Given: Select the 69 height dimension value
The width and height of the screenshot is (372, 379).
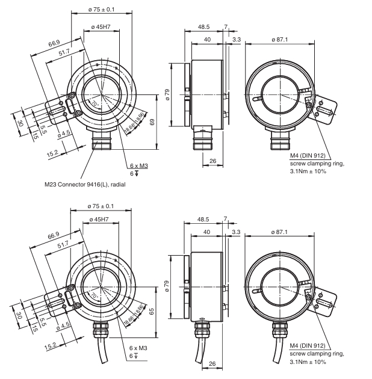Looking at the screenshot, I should point(152,122).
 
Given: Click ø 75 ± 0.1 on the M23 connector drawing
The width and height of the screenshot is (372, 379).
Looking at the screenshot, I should point(101,10).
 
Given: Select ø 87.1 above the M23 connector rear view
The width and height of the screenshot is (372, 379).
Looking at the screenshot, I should point(281,39).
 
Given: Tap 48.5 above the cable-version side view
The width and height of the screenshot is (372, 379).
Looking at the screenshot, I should point(203,219).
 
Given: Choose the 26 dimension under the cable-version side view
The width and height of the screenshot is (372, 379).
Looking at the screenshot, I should point(212,364).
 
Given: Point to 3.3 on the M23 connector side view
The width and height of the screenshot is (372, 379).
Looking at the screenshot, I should point(236,39).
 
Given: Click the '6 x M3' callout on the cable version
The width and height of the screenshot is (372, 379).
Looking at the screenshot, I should point(138,348).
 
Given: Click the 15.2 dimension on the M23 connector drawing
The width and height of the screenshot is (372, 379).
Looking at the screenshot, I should point(52,153).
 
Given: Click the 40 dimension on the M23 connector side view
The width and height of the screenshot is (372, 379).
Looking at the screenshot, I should point(207,39).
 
